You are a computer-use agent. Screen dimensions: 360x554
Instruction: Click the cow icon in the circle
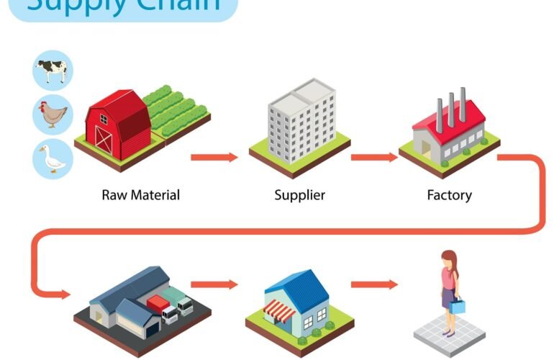point(53,71)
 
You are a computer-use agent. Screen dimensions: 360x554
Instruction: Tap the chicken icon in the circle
point(53,114)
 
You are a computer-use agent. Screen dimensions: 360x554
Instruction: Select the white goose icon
point(53,158)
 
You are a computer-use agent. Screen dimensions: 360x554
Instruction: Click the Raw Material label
point(140,194)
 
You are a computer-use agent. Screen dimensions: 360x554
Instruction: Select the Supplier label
point(299,194)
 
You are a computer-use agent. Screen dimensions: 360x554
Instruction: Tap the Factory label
point(449,194)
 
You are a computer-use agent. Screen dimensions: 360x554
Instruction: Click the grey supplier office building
point(301,120)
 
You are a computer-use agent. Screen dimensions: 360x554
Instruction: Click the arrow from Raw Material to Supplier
point(214,157)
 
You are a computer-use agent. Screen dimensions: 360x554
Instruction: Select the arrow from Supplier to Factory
point(373,157)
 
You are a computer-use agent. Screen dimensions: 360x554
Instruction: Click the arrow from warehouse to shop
point(214,284)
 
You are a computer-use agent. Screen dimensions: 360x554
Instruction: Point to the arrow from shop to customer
point(373,284)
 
